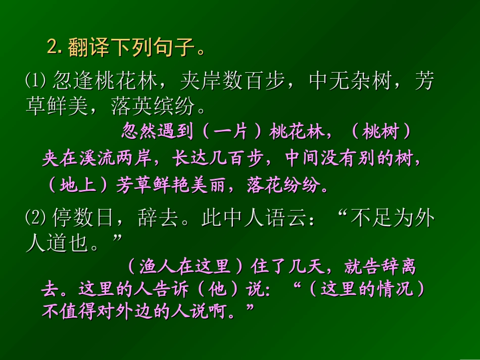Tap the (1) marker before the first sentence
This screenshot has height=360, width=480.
[x=36, y=81]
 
